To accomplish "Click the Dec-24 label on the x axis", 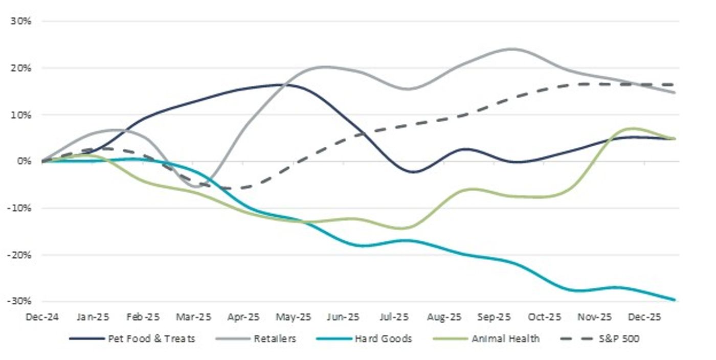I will click(42, 317).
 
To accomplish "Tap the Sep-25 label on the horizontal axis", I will click(494, 317).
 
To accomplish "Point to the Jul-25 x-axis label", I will click(394, 317).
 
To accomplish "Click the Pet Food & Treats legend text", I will click(151, 339).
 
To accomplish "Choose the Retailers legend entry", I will click(275, 339).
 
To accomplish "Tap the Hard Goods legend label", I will click(383, 339).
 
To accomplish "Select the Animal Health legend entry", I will click(505, 339).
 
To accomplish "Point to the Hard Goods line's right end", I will click(675, 300).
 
